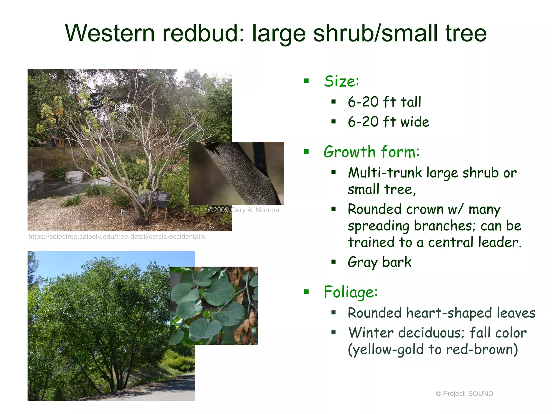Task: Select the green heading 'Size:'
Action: click(341, 81)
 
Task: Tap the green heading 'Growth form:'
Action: click(371, 152)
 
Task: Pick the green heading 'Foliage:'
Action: click(351, 292)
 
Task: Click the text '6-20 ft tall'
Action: click(384, 102)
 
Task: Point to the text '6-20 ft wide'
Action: click(388, 122)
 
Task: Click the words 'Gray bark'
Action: click(379, 262)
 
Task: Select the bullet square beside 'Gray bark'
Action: click(334, 262)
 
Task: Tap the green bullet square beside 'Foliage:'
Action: click(306, 291)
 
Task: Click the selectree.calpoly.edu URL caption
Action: click(116, 237)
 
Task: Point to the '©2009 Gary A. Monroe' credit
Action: click(243, 210)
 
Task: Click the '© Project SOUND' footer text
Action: click(464, 394)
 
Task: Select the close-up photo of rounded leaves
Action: click(214, 306)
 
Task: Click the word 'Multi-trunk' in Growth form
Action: click(385, 173)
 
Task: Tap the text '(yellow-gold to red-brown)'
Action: click(433, 349)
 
